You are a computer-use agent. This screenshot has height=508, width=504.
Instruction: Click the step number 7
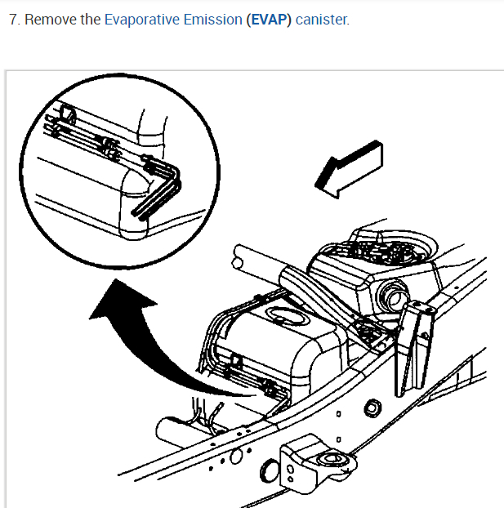tap(14, 19)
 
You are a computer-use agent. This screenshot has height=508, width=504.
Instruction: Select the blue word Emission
tap(212, 19)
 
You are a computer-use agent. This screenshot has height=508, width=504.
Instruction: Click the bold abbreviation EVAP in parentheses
tap(269, 19)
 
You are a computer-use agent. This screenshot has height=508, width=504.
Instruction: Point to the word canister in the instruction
tap(322, 19)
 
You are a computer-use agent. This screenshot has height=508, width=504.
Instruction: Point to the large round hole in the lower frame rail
tap(236, 457)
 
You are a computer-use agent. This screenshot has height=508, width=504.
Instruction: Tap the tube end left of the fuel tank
tap(238, 262)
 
